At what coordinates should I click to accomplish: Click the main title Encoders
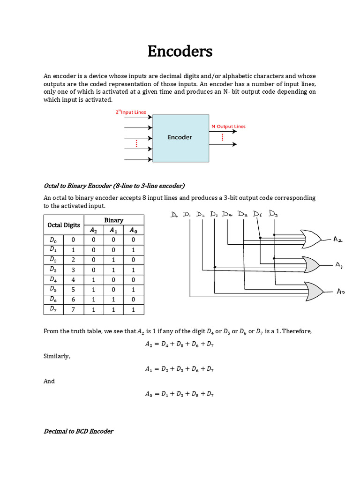tap(180, 51)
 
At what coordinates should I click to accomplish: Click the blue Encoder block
tap(180, 137)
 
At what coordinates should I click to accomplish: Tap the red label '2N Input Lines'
tap(131, 112)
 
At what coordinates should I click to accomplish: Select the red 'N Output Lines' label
tap(228, 127)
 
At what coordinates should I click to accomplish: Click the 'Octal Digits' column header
tap(64, 225)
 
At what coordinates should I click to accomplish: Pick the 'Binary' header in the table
tap(113, 220)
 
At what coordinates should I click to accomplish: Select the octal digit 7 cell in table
tap(73, 309)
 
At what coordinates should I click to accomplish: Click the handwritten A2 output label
tap(338, 240)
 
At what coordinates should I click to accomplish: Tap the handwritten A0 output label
tap(341, 291)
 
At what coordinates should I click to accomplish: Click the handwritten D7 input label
tap(273, 214)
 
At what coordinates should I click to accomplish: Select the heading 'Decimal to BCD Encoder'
tap(78, 431)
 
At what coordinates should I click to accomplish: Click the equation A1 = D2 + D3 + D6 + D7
tap(180, 369)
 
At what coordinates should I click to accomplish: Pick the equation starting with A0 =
tap(180, 394)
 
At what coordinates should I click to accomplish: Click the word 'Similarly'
tap(57, 357)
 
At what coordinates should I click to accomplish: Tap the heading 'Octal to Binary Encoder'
tap(114, 185)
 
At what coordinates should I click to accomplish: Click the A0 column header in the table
tap(134, 230)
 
